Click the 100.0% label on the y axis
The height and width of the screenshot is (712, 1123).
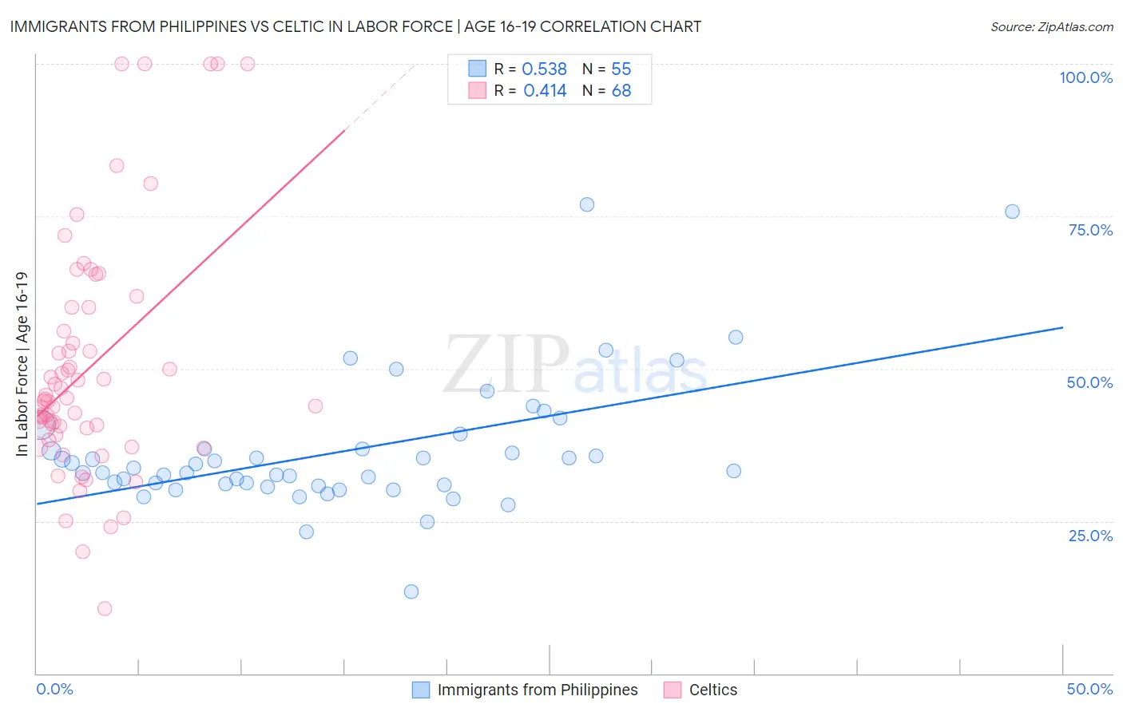pyautogui.click(x=1085, y=77)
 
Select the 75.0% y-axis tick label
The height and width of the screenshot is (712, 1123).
pyautogui.click(x=1090, y=230)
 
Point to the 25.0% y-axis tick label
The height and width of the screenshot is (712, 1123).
pyautogui.click(x=1090, y=535)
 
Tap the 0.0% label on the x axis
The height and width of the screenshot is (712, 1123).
pyautogui.click(x=54, y=689)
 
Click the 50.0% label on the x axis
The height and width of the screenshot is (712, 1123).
pyautogui.click(x=1089, y=689)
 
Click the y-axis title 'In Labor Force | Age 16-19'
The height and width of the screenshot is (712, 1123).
pyautogui.click(x=22, y=364)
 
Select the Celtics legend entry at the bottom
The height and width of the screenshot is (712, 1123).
pyautogui.click(x=712, y=690)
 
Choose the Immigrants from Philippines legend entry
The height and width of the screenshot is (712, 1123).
pyautogui.click(x=537, y=690)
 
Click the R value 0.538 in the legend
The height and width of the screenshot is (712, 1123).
pyautogui.click(x=544, y=69)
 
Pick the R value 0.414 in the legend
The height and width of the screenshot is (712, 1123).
pyautogui.click(x=545, y=91)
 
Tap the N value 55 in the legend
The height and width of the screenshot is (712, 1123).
pyautogui.click(x=621, y=69)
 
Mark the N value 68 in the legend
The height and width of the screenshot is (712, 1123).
pyautogui.click(x=621, y=91)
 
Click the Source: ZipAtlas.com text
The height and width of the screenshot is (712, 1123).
pyautogui.click(x=1051, y=27)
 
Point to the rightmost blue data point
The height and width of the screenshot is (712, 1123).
pyautogui.click(x=1012, y=212)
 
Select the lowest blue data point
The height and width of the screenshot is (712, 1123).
pyautogui.click(x=411, y=591)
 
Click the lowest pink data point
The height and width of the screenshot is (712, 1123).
pyautogui.click(x=105, y=609)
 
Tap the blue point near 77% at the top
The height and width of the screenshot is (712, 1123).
pyautogui.click(x=587, y=204)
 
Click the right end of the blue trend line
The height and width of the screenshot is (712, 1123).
pyautogui.click(x=1062, y=327)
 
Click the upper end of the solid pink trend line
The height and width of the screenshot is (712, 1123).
pyautogui.click(x=344, y=129)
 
